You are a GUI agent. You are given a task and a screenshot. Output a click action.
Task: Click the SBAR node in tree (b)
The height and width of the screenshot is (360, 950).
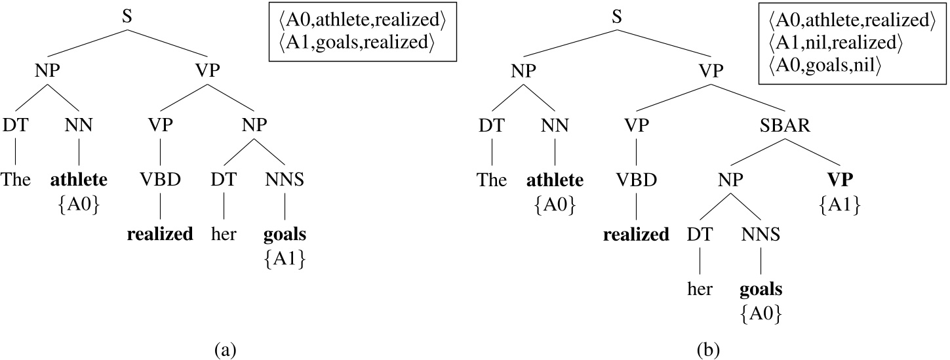785,125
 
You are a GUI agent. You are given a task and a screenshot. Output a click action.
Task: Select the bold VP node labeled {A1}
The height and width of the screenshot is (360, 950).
840,180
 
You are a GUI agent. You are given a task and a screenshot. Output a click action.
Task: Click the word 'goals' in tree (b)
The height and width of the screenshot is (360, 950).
761,290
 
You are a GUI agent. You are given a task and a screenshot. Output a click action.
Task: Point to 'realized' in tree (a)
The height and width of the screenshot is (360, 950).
160,234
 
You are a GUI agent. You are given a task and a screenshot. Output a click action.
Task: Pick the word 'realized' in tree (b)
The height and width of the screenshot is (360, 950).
636,235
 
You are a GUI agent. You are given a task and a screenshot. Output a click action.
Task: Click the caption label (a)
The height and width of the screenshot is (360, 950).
226,350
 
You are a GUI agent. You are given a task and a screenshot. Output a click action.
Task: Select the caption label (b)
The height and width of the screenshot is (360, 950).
709,350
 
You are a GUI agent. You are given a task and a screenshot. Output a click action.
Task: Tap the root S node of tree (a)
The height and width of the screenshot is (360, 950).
127,16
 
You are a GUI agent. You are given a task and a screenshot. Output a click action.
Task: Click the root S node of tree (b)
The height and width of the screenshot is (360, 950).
617,16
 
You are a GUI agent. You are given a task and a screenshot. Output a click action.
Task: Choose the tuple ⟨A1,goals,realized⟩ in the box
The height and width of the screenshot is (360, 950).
357,43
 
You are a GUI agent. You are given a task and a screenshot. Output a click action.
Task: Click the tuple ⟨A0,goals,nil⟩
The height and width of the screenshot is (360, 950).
824,66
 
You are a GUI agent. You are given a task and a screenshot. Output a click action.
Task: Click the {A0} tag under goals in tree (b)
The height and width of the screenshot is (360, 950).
761,314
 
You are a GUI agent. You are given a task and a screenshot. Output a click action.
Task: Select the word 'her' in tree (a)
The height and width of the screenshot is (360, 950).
224,234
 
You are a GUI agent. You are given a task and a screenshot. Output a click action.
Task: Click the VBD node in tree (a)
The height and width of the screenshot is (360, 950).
161,180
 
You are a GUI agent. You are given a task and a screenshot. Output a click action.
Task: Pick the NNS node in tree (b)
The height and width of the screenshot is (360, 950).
761,235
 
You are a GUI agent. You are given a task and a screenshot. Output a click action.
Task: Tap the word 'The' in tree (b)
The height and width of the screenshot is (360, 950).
492,180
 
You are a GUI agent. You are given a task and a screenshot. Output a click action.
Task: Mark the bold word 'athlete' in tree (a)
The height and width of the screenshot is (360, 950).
79,180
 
